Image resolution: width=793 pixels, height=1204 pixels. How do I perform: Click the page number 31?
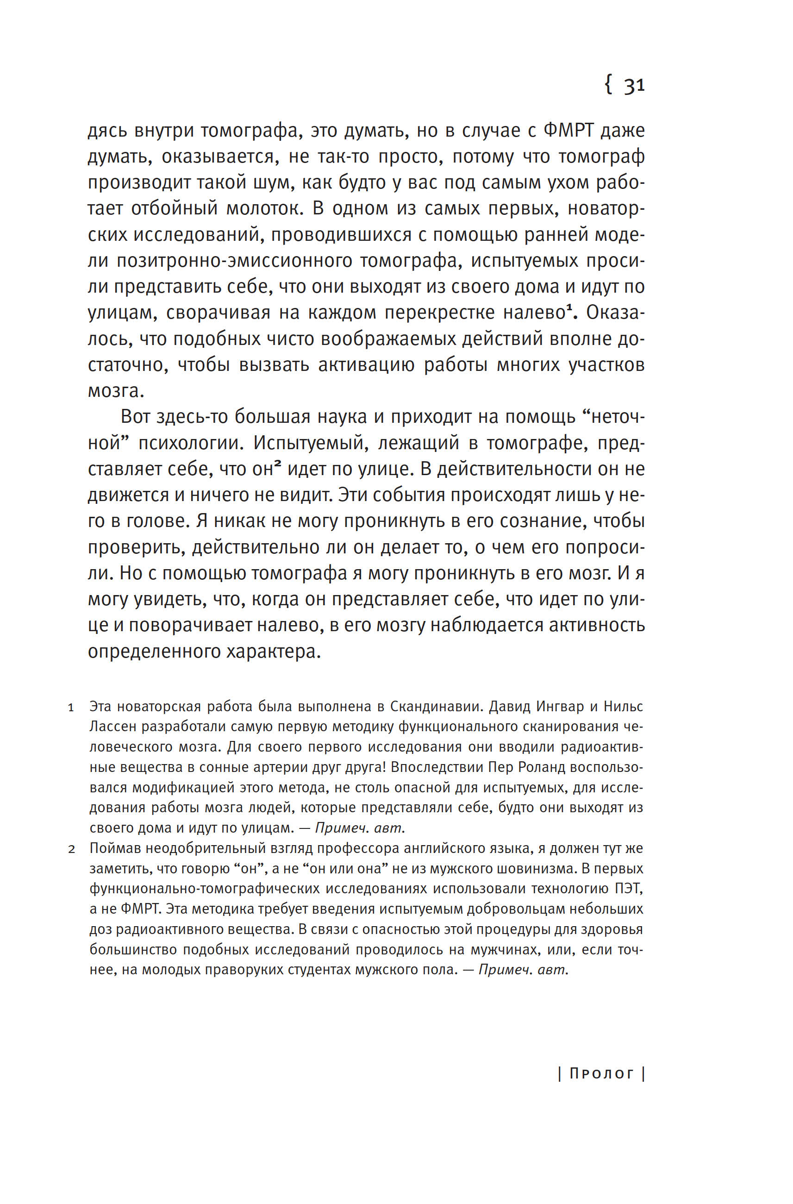pyautogui.click(x=634, y=86)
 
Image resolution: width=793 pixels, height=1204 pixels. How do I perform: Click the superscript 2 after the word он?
pyautogui.click(x=278, y=464)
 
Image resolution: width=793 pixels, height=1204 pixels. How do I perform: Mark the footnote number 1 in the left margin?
pyautogui.click(x=71, y=708)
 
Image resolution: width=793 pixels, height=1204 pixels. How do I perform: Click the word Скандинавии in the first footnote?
pyautogui.click(x=441, y=707)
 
